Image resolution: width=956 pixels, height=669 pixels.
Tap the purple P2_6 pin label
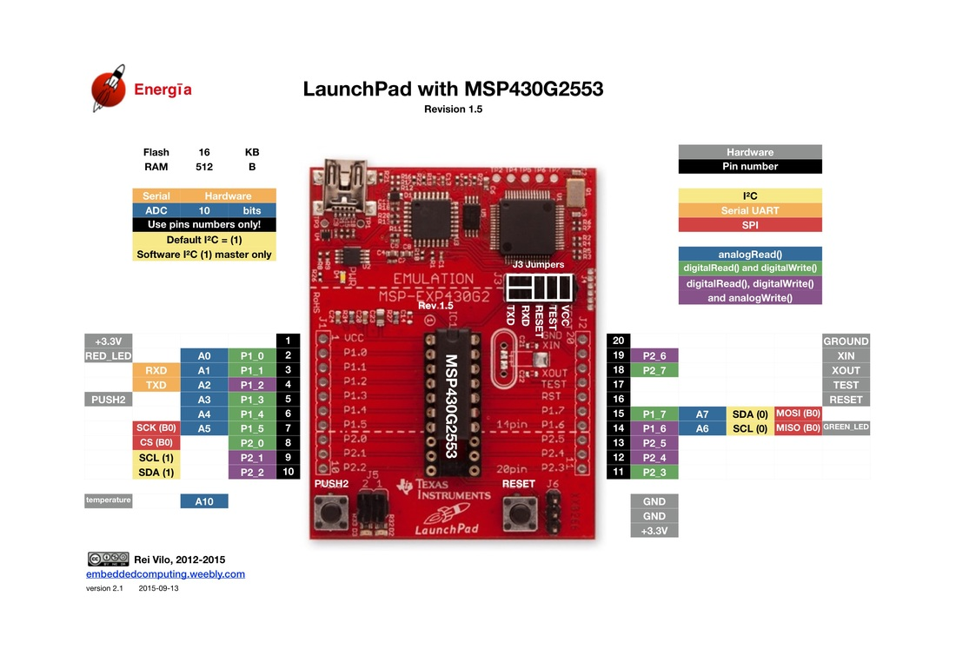pyautogui.click(x=654, y=355)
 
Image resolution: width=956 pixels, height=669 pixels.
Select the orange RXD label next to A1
pyautogui.click(x=156, y=370)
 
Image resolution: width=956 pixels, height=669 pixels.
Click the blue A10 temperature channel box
pyautogui.click(x=204, y=501)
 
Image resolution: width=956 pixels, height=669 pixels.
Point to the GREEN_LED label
pyautogui.click(x=846, y=427)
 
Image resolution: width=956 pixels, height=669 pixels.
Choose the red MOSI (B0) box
pyautogui.click(x=798, y=414)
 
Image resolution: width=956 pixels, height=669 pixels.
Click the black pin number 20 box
pyautogui.click(x=618, y=341)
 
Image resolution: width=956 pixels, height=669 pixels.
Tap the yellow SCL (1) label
pyautogui.click(x=156, y=457)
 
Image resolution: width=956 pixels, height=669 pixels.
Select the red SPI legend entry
pyautogui.click(x=749, y=225)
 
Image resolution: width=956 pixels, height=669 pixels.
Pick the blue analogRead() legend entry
pyautogui.click(x=749, y=254)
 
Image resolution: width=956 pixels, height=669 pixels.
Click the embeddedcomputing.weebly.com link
pyautogui.click(x=165, y=574)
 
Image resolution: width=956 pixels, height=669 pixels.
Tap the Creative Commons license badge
pyautogui.click(x=108, y=560)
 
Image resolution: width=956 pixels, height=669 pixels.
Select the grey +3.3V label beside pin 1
pyautogui.click(x=108, y=341)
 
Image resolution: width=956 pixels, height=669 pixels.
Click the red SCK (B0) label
pyautogui.click(x=156, y=428)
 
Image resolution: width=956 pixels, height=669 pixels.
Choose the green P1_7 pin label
pyautogui.click(x=654, y=414)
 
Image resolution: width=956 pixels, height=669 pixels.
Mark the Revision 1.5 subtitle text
pyautogui.click(x=453, y=109)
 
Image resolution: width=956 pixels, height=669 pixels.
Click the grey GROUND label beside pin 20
pyautogui.click(x=846, y=341)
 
